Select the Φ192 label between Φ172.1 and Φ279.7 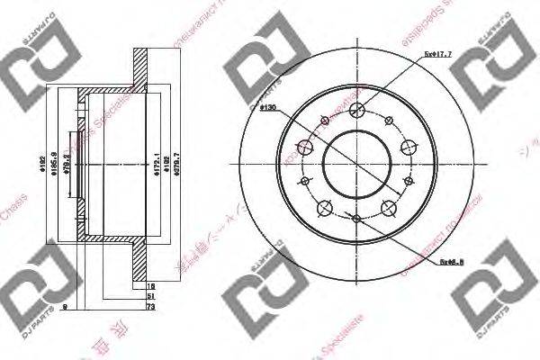tap(167, 167)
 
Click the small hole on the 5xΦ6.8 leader tap(356, 219)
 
